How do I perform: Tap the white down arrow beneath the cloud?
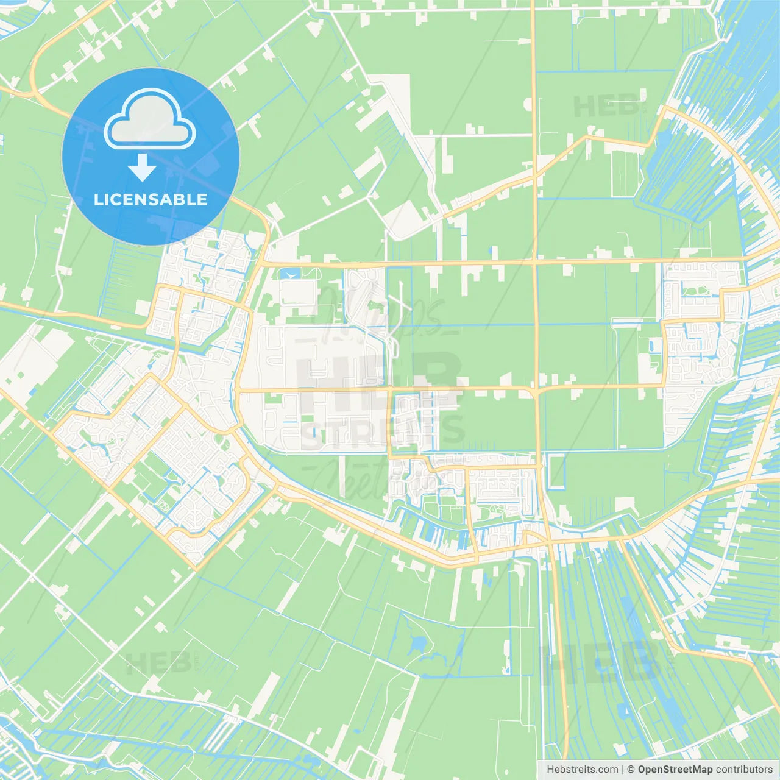click(x=142, y=168)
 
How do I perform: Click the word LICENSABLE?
click(x=151, y=199)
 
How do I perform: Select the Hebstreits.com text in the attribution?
click(x=583, y=770)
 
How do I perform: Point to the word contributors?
click(x=744, y=770)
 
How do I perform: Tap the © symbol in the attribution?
click(x=631, y=770)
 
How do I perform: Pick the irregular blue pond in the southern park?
click(x=419, y=643)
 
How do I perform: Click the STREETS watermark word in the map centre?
click(x=383, y=431)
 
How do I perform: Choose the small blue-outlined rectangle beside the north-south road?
click(x=556, y=472)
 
